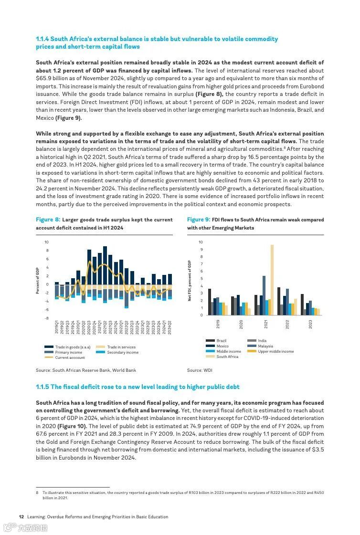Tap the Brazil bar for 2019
pos(209,302)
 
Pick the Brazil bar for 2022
pos(279,301)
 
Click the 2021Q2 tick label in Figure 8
pos(106,327)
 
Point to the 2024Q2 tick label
pos(170,327)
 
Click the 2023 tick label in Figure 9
pos(310,324)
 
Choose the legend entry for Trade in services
pos(121,347)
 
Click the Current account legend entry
pos(70,357)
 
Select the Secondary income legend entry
pos(122,352)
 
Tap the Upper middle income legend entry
pos(275,351)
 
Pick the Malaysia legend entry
pos(265,346)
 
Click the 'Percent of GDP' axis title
pos(38,281)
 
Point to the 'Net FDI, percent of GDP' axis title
pos(190,281)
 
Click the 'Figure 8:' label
pos(48,220)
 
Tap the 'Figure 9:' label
pos(199,220)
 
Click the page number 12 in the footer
pos(21,516)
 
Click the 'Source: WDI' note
pos(200,370)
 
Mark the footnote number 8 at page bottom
pos(37,493)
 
